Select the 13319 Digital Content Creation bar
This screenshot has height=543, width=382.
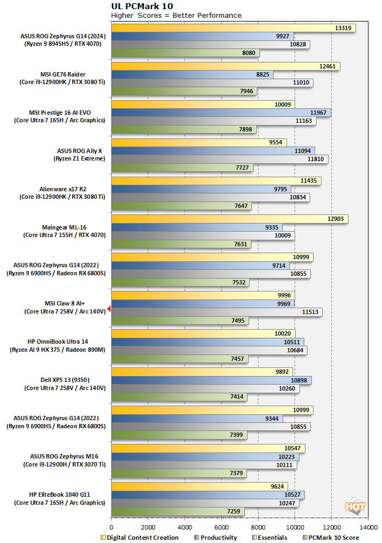coord(233,28)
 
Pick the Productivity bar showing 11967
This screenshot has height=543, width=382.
coord(221,112)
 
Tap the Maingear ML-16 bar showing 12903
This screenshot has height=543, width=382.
coord(229,219)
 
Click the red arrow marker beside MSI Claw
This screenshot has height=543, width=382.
coord(108,308)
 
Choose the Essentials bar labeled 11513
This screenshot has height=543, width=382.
coord(217,312)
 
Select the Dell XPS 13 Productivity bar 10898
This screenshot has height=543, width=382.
coord(211,380)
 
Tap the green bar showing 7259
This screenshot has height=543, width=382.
coord(178,511)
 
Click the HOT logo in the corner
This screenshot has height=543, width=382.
coord(355,506)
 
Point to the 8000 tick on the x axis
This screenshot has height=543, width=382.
coord(258,528)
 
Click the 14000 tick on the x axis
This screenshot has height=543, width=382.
coord(368,528)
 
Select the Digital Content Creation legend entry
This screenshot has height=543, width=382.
coord(140,537)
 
